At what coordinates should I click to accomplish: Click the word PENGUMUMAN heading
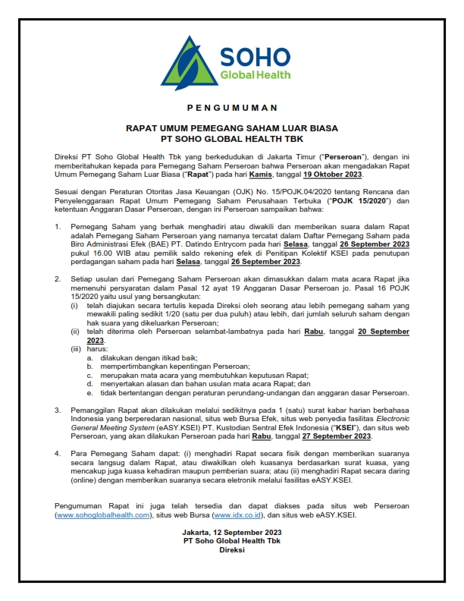click(233, 108)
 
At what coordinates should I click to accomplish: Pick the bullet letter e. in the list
click(89, 392)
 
